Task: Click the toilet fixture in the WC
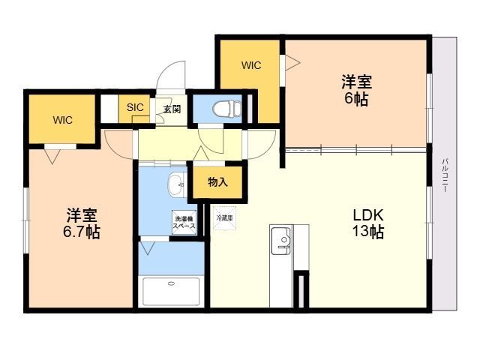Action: (x=227, y=109)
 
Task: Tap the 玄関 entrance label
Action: (x=172, y=109)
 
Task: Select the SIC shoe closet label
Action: (x=135, y=107)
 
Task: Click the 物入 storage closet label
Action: (x=217, y=182)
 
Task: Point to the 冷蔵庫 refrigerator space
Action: (x=225, y=218)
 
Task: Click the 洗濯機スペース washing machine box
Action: (x=184, y=223)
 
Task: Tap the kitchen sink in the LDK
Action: (x=281, y=241)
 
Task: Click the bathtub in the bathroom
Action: (x=171, y=292)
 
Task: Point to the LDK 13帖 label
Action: (x=368, y=223)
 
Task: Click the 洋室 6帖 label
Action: (x=357, y=90)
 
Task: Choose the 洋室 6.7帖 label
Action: (x=82, y=223)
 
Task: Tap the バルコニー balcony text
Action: (x=445, y=175)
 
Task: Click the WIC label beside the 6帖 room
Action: (x=251, y=65)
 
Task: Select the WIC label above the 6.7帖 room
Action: (x=62, y=120)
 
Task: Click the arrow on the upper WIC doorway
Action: (x=292, y=63)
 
